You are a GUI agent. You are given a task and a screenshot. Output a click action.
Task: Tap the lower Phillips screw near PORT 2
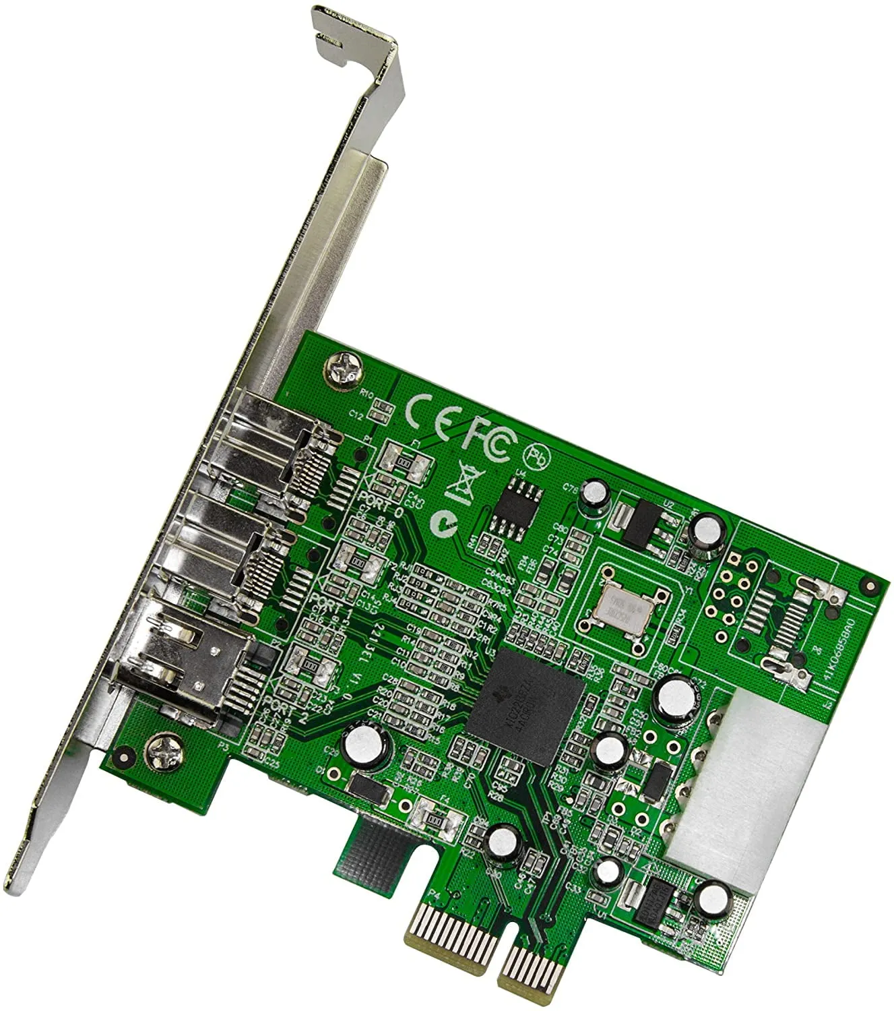coord(162,748)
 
